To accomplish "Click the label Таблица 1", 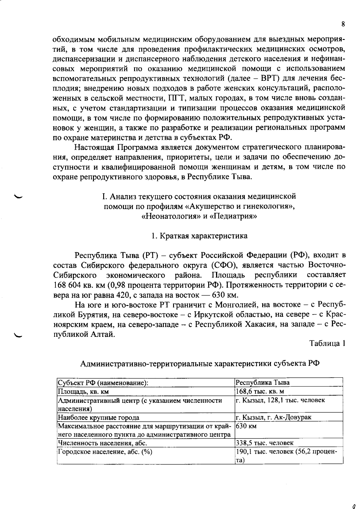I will [327, 343].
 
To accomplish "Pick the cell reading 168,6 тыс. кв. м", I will [260, 391].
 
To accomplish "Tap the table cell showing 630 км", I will [246, 426].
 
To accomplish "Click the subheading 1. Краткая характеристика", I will [199, 236].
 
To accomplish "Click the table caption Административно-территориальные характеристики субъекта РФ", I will [200, 364].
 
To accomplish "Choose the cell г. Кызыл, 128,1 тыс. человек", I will [280, 400].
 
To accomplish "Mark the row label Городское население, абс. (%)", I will [105, 452].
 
